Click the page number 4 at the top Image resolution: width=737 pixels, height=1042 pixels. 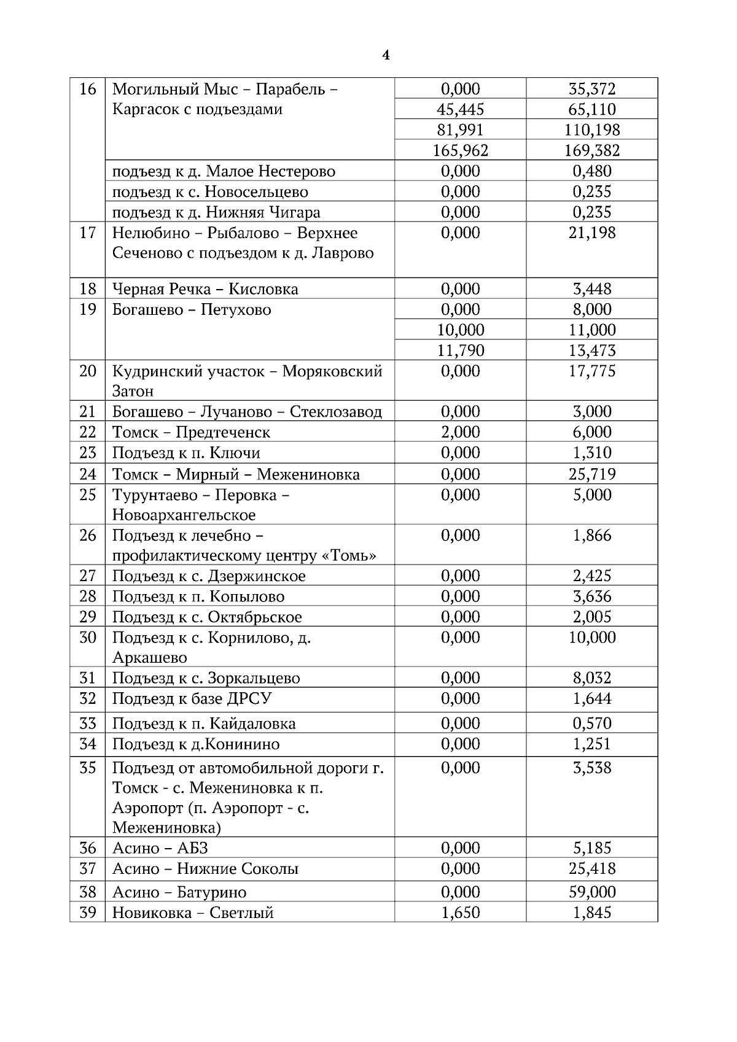click(386, 55)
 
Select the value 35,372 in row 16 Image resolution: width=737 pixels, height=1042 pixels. click(592, 89)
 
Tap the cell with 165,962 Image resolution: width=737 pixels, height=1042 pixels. click(460, 150)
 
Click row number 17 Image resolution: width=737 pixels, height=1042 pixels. click(88, 233)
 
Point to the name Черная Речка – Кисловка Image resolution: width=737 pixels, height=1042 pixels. click(205, 289)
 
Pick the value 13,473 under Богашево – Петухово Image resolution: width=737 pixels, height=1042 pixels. click(592, 350)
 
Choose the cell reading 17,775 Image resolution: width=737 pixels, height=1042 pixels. click(592, 371)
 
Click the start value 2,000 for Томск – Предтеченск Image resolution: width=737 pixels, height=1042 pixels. click(460, 432)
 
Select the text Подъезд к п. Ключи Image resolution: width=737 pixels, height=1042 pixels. click(186, 453)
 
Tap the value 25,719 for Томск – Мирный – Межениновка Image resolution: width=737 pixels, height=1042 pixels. click(592, 474)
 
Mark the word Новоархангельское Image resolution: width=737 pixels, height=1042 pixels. click(184, 515)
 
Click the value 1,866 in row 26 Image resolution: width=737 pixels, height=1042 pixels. click(592, 536)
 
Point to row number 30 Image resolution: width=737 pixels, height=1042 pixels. click(88, 638)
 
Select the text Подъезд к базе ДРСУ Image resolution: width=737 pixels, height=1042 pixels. click(192, 699)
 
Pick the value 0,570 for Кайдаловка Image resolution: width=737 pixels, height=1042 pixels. click(592, 724)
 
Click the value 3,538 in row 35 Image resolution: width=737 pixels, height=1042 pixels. click(592, 768)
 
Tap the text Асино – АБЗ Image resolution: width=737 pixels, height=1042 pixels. click(160, 849)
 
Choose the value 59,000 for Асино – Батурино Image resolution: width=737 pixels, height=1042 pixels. click(592, 892)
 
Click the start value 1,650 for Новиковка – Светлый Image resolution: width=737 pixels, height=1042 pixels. click(460, 913)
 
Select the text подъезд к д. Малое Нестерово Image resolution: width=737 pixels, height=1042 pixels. click(224, 171)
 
